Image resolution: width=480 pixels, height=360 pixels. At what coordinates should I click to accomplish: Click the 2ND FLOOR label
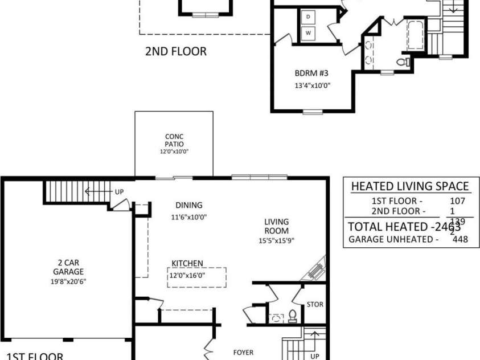[175, 52]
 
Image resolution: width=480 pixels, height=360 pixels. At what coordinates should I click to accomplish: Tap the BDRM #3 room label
[311, 73]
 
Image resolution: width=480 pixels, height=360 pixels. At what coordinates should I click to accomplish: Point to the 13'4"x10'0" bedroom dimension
[311, 86]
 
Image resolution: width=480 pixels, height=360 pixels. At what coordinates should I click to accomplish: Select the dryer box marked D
[309, 17]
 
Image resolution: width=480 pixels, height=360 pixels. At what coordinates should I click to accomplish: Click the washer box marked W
[309, 33]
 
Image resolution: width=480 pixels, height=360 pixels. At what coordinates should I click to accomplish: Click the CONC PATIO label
[174, 140]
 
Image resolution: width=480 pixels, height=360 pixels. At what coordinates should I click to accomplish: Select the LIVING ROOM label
[276, 226]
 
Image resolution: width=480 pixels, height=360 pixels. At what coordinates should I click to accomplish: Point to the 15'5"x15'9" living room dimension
[276, 240]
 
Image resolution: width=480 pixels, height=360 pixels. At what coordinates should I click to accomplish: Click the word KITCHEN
[187, 263]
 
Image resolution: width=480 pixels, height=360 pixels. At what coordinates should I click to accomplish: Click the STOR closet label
[315, 305]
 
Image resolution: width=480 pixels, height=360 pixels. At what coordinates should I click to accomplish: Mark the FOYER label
[243, 353]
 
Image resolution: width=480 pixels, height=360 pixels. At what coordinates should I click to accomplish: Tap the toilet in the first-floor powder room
[293, 315]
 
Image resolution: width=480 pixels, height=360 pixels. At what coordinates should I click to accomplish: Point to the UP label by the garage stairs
[119, 192]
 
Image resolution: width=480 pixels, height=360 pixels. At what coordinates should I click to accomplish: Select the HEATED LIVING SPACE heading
[410, 186]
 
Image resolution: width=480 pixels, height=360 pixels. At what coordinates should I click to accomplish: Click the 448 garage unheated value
[460, 239]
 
